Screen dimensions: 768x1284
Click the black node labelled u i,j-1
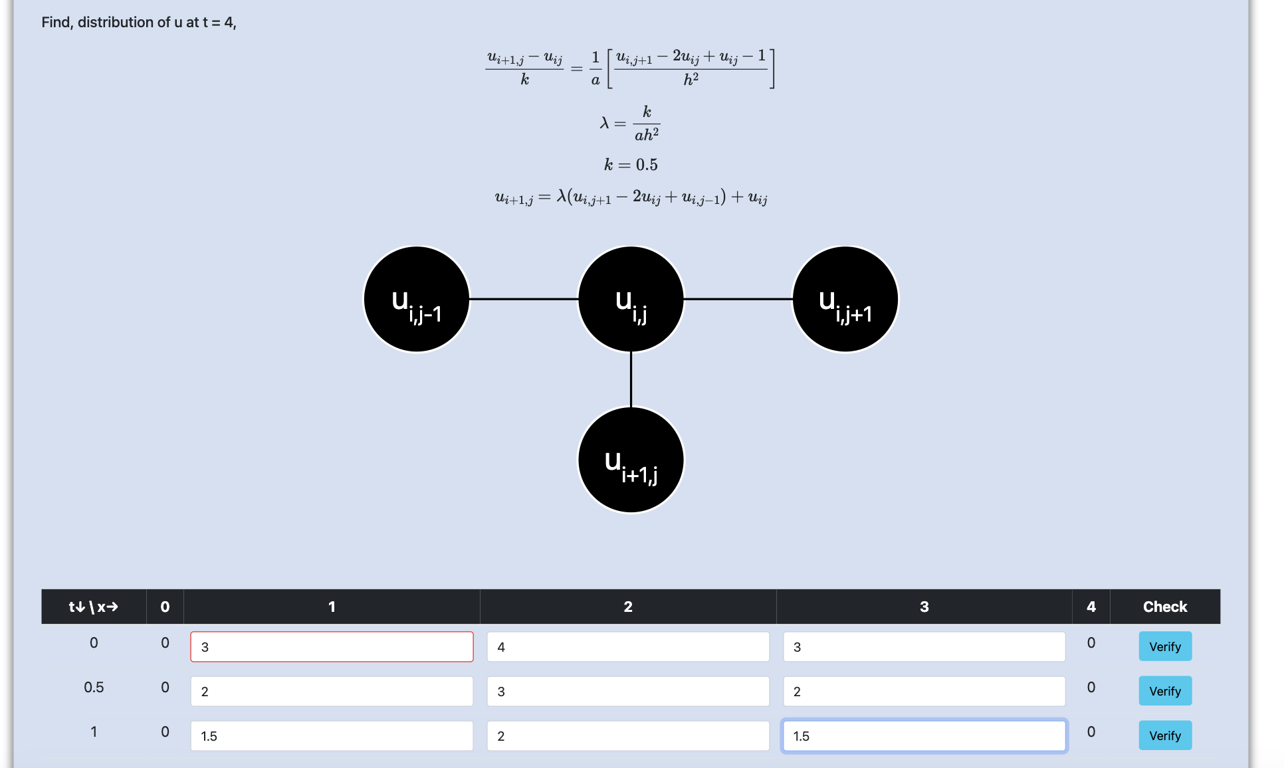pyautogui.click(x=417, y=300)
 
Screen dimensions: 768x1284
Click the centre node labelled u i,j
pyautogui.click(x=631, y=300)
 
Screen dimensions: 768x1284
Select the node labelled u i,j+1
pyautogui.click(x=845, y=300)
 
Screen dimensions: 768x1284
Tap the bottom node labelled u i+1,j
pyautogui.click(x=631, y=460)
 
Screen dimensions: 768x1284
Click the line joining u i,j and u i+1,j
pyautogui.click(x=631, y=379)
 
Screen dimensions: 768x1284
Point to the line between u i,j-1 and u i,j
pyautogui.click(x=524, y=300)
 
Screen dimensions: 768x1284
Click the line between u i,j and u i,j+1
pyautogui.click(x=738, y=300)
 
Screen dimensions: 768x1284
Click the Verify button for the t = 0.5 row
pyautogui.click(x=1164, y=691)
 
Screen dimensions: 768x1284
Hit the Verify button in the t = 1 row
pyautogui.click(x=1164, y=735)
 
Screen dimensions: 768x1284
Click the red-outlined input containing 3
pyautogui.click(x=332, y=646)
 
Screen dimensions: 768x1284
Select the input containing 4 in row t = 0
pyautogui.click(x=627, y=646)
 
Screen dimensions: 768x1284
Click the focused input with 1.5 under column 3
pyautogui.click(x=924, y=735)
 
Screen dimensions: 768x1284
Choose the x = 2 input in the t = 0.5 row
pyautogui.click(x=627, y=691)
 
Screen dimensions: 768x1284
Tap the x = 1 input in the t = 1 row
pyautogui.click(x=332, y=735)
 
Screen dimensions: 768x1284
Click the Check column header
pyautogui.click(x=1164, y=607)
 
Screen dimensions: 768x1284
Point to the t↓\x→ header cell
pyautogui.click(x=94, y=607)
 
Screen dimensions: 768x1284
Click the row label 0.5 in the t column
pyautogui.click(x=94, y=687)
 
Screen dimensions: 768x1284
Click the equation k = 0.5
pyautogui.click(x=631, y=165)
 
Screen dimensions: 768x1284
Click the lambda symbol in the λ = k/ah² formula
pyautogui.click(x=604, y=123)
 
